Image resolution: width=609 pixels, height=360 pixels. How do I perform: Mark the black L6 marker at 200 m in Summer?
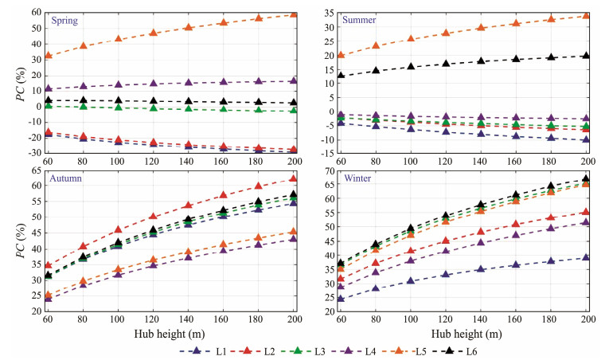tap(585, 55)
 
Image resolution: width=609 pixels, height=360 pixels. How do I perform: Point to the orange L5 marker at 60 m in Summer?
tap(341, 55)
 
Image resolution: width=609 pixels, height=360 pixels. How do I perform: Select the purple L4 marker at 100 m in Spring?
tap(119, 84)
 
